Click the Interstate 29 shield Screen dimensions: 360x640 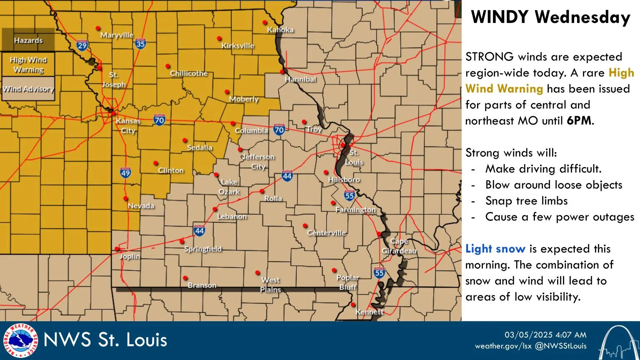(x=82, y=45)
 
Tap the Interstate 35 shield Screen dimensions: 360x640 (x=140, y=43)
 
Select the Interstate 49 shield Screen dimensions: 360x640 (x=125, y=172)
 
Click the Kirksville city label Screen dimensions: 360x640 (x=237, y=46)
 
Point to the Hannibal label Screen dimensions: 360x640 (x=300, y=79)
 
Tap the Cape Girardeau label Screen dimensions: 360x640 (x=399, y=246)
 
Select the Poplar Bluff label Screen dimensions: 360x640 (x=347, y=282)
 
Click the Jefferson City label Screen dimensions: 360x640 (x=258, y=162)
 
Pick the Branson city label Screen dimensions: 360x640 (x=202, y=285)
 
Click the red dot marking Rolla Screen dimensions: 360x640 (x=262, y=191)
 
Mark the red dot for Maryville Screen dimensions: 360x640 (x=98, y=28)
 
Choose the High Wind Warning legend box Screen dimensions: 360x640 (x=28, y=65)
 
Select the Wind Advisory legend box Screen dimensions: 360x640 (x=28, y=89)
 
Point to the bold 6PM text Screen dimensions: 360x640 (x=579, y=121)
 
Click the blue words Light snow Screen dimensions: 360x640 (x=495, y=249)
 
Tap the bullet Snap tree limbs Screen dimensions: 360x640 (x=526, y=201)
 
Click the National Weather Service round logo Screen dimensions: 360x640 (x=20, y=340)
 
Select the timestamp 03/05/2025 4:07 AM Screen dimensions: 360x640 (x=545, y=335)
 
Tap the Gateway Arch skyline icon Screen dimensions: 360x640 (x=619, y=342)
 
